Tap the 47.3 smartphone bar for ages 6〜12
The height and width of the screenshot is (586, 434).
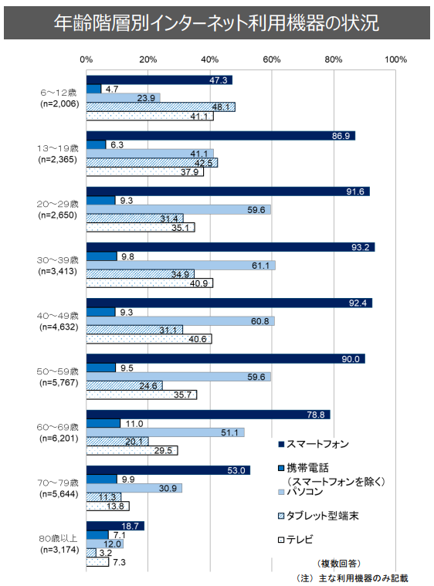coord(159,80)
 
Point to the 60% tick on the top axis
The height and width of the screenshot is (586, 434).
coord(271,59)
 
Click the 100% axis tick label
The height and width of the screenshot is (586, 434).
coord(395,59)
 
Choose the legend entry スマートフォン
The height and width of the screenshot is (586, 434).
coord(317,444)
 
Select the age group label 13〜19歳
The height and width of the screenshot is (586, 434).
coord(59,147)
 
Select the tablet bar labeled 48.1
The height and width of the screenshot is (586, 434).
coord(161,107)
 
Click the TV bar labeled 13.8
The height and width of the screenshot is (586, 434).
coord(107,506)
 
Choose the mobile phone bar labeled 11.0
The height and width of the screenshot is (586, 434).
coord(103,424)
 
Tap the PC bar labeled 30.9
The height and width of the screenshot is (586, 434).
coord(134,488)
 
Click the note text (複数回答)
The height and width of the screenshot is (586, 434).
coord(338,563)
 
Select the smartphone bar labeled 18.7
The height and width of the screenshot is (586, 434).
coord(115,526)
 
